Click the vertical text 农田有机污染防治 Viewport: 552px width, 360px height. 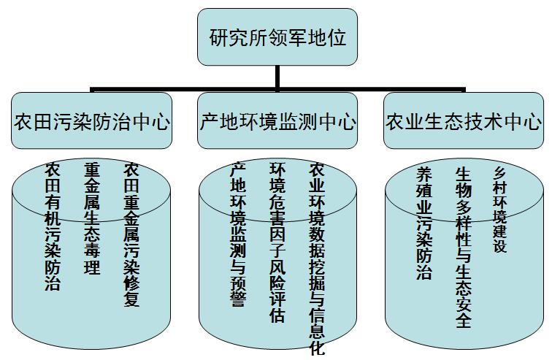tap(53, 226)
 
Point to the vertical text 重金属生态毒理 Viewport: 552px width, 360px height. tap(92, 218)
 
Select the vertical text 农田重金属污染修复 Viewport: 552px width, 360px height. tap(131, 234)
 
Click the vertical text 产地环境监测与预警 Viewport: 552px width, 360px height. tap(238, 234)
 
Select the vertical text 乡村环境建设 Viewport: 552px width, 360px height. tap(500, 209)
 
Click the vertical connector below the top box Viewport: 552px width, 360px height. tap(277, 77)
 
